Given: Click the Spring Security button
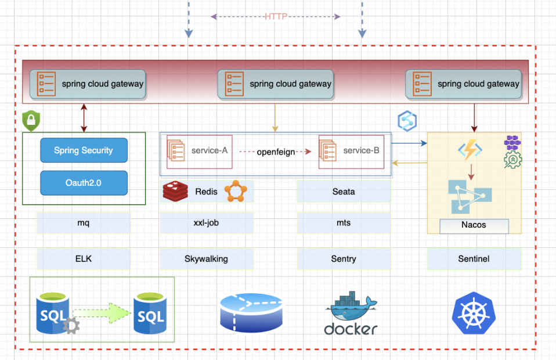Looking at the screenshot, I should tap(84, 150).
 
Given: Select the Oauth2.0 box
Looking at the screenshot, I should tap(84, 182).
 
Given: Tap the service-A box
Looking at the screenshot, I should tap(197, 151).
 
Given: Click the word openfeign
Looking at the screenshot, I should tap(276, 152).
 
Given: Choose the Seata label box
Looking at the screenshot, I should tap(344, 192).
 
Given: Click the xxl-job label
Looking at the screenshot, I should tap(206, 222).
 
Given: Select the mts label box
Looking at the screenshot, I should tap(344, 222).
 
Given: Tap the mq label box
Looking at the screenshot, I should tap(84, 222).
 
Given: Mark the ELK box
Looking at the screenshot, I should tap(84, 259).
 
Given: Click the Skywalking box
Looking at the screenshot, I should tap(206, 259).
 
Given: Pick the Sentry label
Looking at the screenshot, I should tap(344, 259).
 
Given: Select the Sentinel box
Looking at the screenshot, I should tap(474, 259).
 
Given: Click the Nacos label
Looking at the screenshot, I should tap(474, 225).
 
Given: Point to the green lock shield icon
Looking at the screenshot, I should tap(30, 121).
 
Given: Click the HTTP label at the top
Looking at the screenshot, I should tap(276, 17).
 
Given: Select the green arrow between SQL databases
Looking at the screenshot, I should tap(102, 313).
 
